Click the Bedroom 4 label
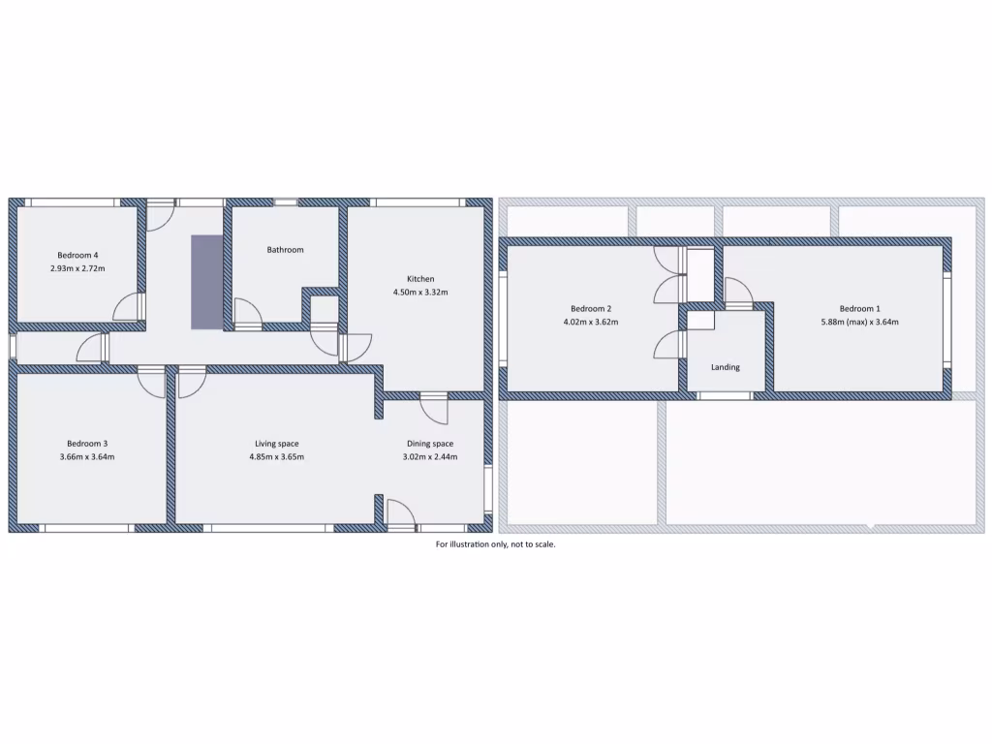pos(77,255)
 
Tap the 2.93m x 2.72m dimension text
pos(77,268)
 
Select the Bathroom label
pos(285,250)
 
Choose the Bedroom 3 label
pos(87,444)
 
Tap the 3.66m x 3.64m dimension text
pos(87,457)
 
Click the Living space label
pos(277,444)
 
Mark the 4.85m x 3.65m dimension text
pos(277,457)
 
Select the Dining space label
pos(430,444)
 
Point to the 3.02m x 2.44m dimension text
pos(430,457)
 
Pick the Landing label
pos(726,367)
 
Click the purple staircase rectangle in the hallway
pos(205,281)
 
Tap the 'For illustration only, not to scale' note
pos(495,544)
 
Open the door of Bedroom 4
pos(128,309)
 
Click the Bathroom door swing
pos(248,312)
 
